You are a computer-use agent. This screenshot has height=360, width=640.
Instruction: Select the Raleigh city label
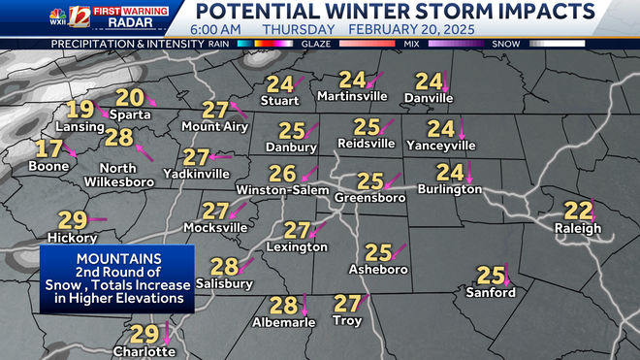pyautogui.click(x=578, y=229)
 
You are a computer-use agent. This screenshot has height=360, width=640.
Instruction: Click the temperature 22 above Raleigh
pyautogui.click(x=578, y=211)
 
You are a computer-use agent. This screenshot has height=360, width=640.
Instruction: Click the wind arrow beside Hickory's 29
pyautogui.click(x=96, y=219)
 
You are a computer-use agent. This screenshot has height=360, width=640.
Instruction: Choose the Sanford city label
pyautogui.click(x=491, y=292)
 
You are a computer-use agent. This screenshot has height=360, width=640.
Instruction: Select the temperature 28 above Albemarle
pyautogui.click(x=283, y=305)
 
